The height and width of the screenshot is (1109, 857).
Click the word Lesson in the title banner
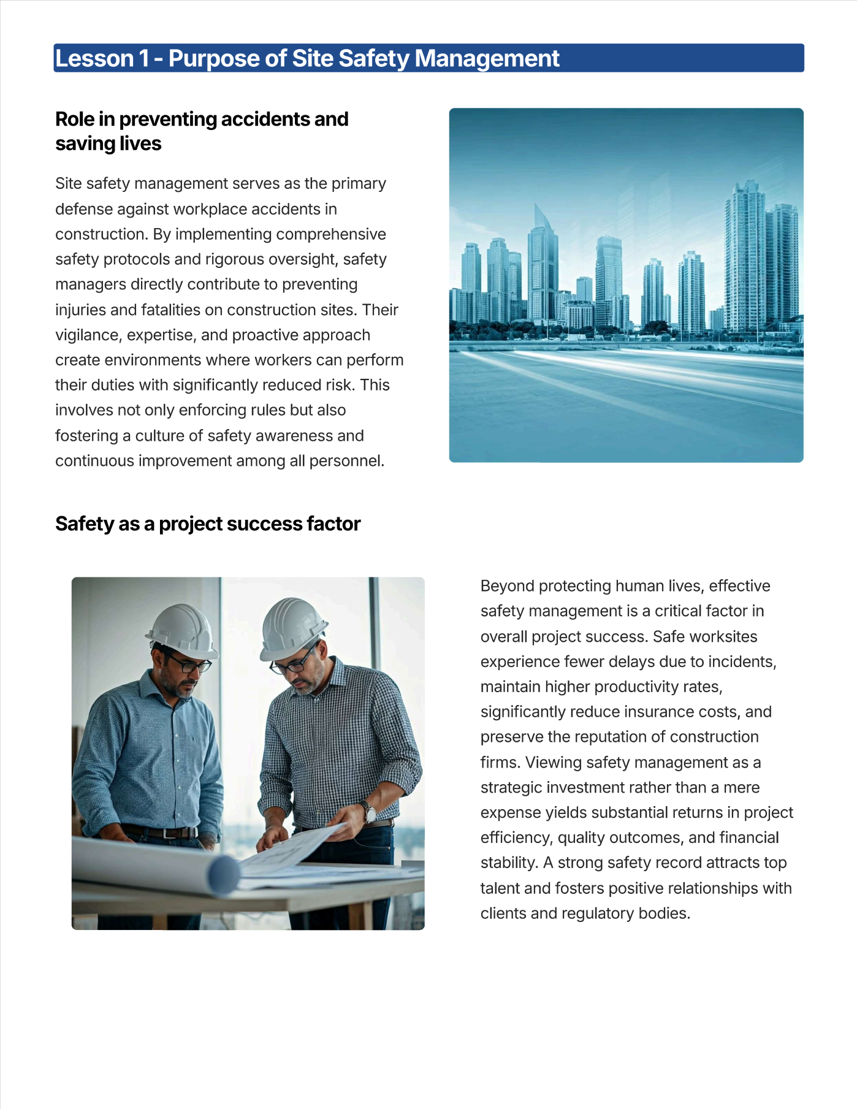click(x=94, y=59)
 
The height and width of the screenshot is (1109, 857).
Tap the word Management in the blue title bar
click(x=487, y=59)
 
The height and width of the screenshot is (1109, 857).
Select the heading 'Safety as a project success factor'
click(x=208, y=524)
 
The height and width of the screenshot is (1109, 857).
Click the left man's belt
click(x=161, y=833)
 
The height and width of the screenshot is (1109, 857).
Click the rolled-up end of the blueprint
click(x=222, y=874)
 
